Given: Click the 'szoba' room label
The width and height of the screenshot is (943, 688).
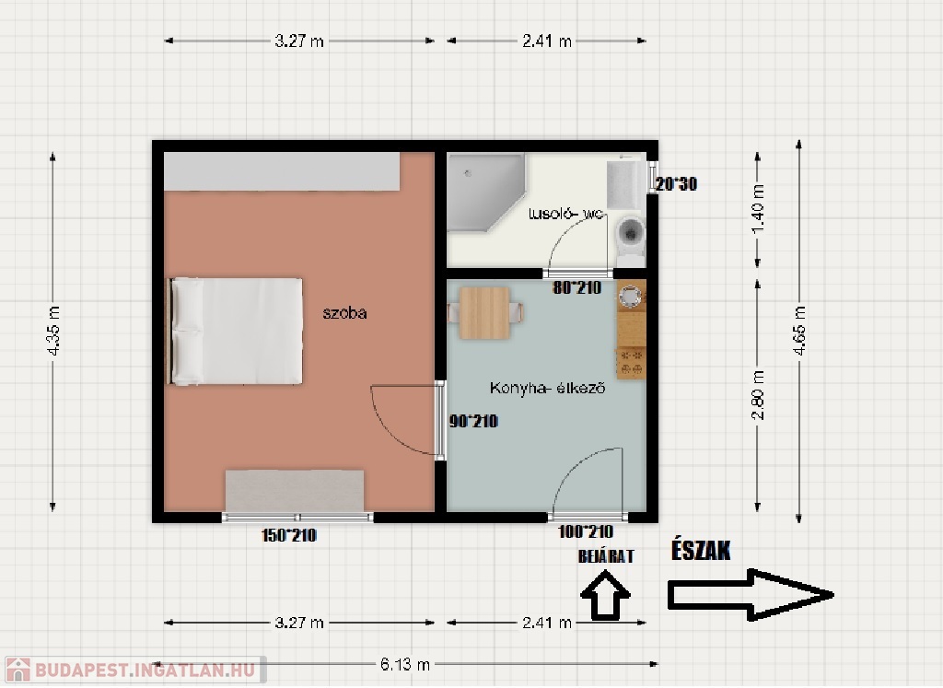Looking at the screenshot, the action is [344, 313].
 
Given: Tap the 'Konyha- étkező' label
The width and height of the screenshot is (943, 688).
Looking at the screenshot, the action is [547, 388].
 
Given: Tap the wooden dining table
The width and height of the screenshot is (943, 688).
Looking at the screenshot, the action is [484, 313].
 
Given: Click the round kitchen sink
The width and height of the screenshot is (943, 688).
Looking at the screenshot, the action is [630, 296].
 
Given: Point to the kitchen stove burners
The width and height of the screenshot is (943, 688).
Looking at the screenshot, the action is [632, 362].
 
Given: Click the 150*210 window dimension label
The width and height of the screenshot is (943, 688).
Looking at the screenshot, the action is [288, 535].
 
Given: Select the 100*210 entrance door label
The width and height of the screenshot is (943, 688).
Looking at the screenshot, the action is [586, 531].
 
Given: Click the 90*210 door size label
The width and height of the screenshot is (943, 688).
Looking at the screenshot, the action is [474, 421].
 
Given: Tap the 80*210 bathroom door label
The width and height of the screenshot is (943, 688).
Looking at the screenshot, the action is [576, 288].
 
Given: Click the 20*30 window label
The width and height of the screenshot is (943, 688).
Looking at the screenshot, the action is [677, 184].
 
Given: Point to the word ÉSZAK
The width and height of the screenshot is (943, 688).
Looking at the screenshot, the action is [701, 551].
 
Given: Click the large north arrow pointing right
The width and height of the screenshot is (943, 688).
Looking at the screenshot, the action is [751, 594].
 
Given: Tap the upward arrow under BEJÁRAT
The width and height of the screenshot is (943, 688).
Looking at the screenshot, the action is [605, 595].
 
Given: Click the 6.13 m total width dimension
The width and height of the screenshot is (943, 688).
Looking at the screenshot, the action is [405, 665].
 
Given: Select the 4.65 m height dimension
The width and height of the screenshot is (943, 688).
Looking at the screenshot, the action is [800, 331].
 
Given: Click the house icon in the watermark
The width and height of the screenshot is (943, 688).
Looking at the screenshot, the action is [17, 670].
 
